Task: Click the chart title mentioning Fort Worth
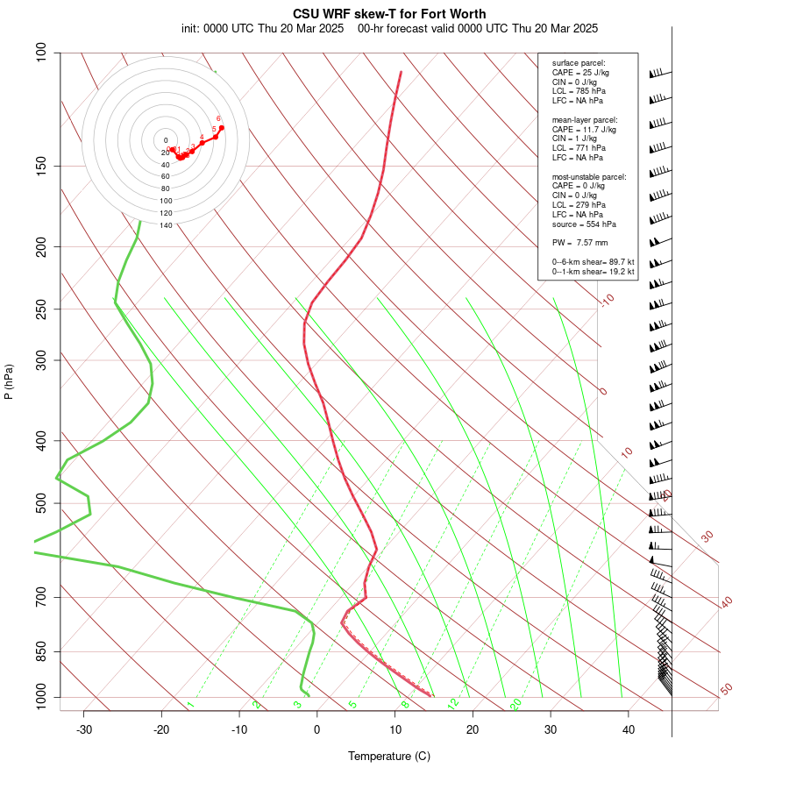389,14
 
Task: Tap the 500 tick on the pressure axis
41,503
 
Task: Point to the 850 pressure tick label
41,651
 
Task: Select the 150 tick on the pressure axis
41,166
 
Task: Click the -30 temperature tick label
84,729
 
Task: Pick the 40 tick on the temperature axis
629,729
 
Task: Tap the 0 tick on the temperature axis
317,729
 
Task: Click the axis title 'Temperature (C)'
389,756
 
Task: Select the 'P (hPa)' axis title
9,381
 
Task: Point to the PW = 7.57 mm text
579,242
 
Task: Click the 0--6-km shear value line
593,261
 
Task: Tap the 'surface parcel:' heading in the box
579,63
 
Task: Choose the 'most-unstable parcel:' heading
589,176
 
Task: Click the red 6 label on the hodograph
218,118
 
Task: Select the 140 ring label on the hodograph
166,225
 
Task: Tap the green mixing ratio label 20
516,704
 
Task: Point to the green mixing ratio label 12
453,704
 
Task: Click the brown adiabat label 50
726,690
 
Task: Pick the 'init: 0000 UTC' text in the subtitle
217,28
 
